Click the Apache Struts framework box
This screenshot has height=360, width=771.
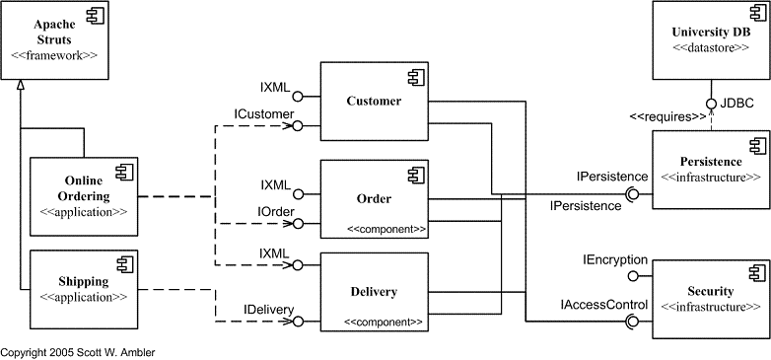tap(54, 38)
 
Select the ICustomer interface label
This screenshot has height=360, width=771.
tap(263, 115)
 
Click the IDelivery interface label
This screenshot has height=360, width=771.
tap(269, 310)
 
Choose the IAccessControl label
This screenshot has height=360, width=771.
tap(604, 305)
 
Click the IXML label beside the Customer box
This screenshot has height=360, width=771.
tap(275, 87)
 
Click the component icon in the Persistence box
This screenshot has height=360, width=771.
tap(755, 145)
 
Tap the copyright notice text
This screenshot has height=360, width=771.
tap(78, 351)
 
